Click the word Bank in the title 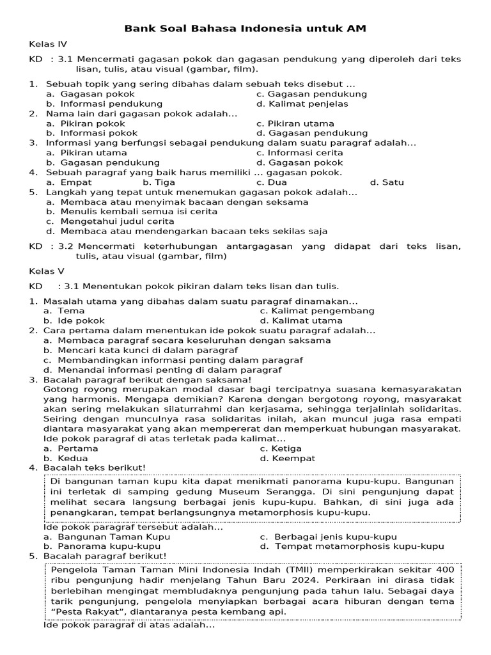tap(138, 29)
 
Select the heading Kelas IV tap(48, 44)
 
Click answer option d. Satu tap(387, 182)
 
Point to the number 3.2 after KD tap(66, 246)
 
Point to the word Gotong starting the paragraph tap(59, 389)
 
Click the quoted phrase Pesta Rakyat tap(81, 612)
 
